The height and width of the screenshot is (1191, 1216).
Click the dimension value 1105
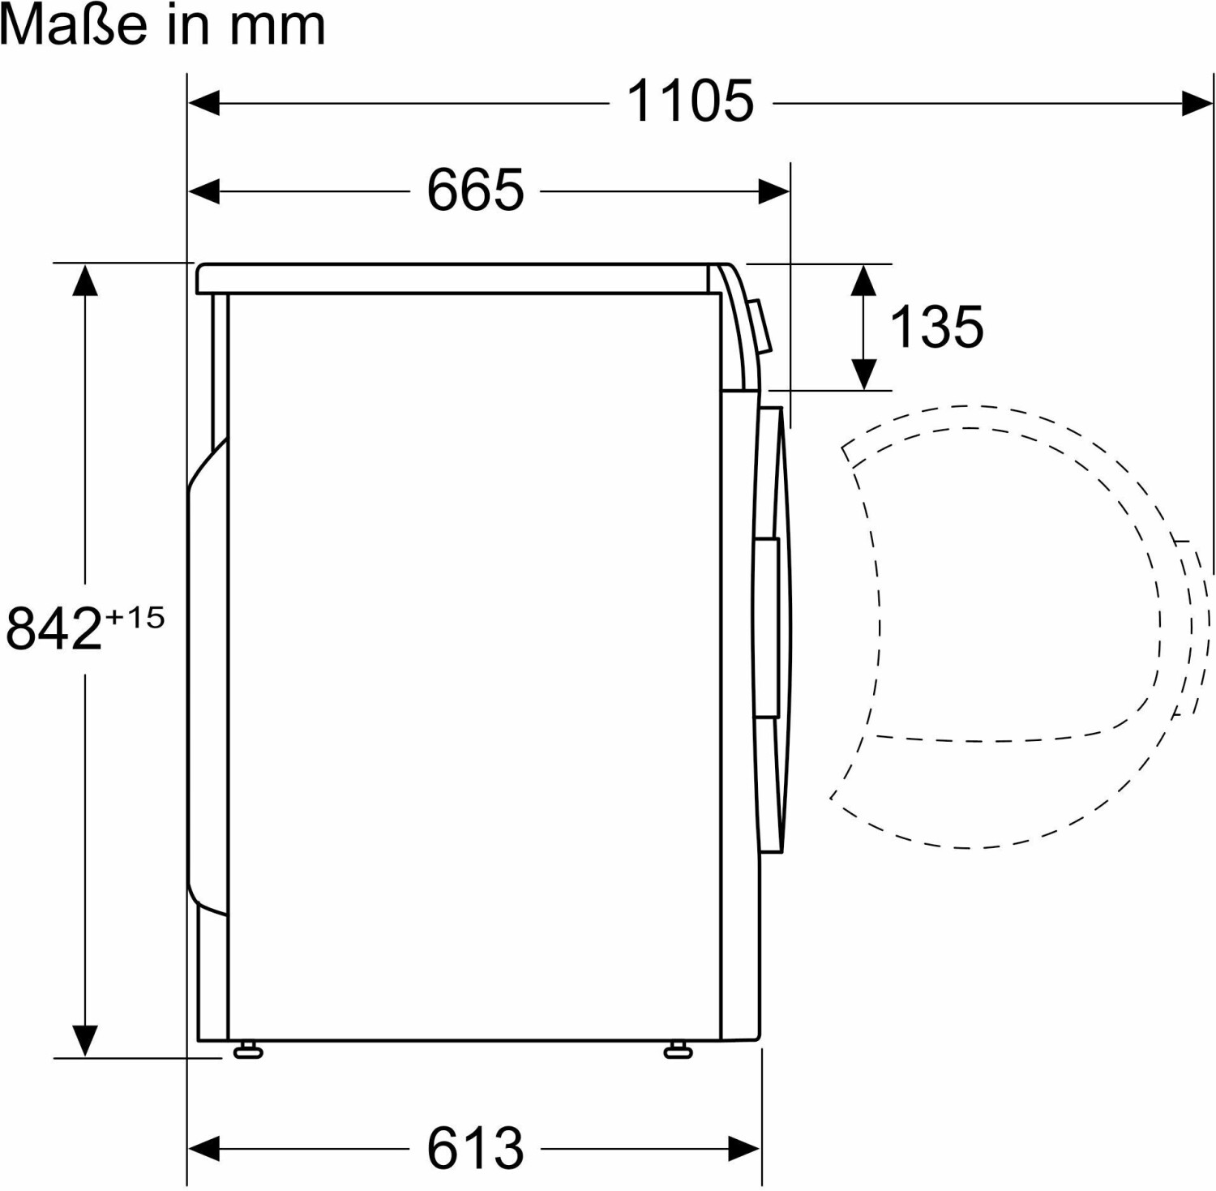coord(690,101)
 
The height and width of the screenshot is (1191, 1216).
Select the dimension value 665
coord(476,191)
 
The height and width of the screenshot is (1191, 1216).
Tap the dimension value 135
coord(936,327)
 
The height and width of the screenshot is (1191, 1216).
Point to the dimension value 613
coord(476,1148)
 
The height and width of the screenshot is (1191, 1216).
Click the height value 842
coord(54,628)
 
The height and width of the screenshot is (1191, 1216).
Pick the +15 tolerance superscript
coord(135,618)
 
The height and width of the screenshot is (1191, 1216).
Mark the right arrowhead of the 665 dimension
coord(773,191)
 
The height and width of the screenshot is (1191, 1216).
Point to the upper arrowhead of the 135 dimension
coord(864,281)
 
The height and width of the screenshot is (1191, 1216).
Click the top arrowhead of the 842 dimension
coord(85,281)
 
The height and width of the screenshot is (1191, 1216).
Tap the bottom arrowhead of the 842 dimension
coord(85,1040)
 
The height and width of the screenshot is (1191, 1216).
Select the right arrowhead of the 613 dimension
coord(744,1149)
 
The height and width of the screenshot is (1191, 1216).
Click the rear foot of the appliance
coord(248,1051)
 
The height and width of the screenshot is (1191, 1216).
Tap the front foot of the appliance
coord(678,1051)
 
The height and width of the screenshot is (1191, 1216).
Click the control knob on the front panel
coord(760,327)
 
